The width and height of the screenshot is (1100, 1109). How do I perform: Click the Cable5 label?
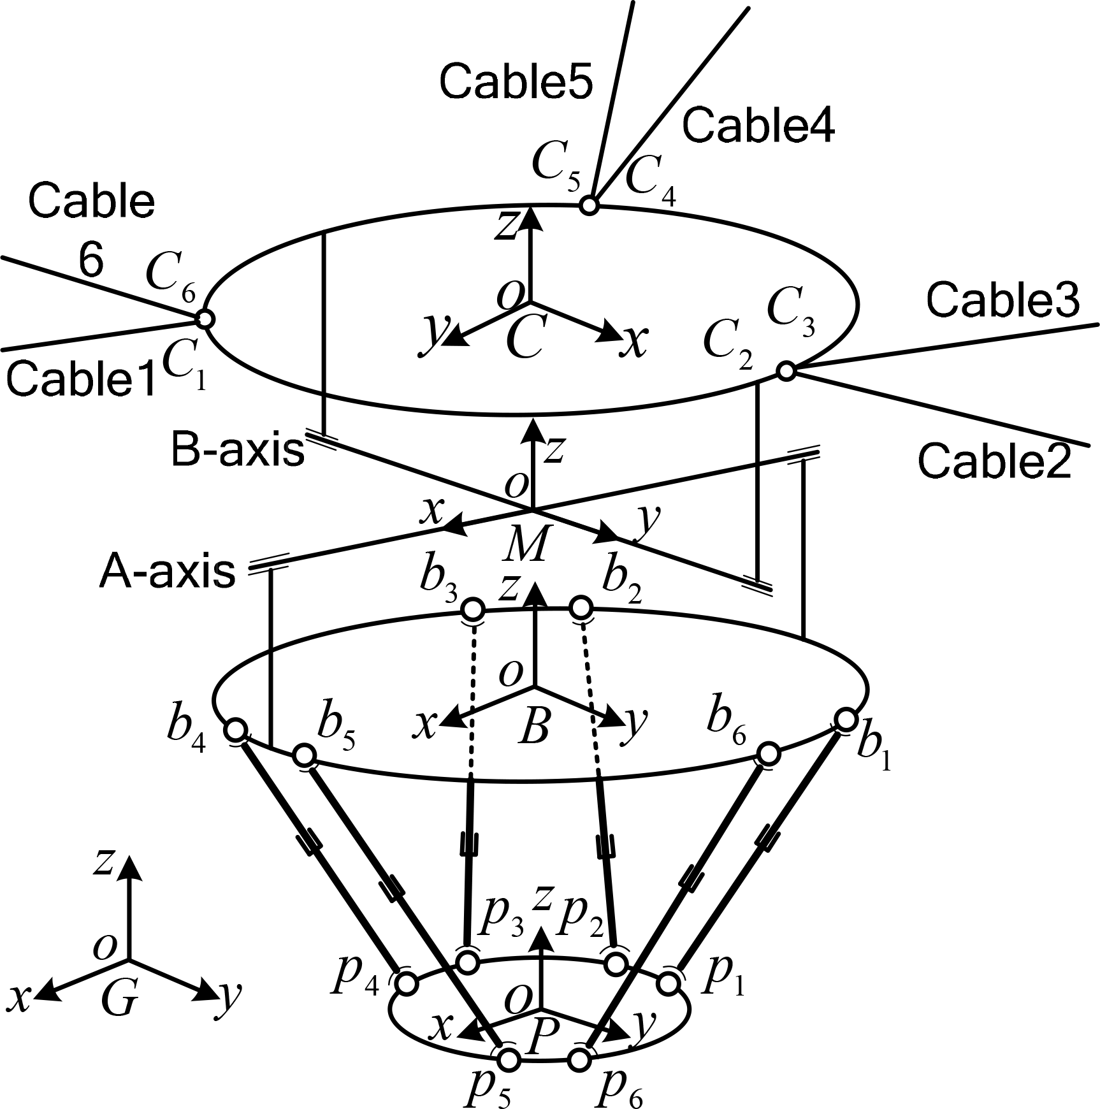pyautogui.click(x=517, y=83)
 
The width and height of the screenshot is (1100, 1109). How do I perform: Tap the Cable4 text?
pyautogui.click(x=758, y=125)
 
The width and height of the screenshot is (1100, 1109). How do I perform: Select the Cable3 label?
pyautogui.click(x=1003, y=300)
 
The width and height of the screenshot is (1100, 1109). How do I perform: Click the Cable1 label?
pyautogui.click(x=81, y=381)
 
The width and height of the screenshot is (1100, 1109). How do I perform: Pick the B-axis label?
pyautogui.click(x=238, y=451)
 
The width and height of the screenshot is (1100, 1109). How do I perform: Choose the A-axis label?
pyautogui.click(x=168, y=572)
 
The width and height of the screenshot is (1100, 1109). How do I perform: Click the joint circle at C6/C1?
pyautogui.click(x=204, y=318)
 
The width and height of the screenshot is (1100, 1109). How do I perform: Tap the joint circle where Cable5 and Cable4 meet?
pyautogui.click(x=590, y=206)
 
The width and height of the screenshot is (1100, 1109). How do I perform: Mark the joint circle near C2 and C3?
pyautogui.click(x=786, y=370)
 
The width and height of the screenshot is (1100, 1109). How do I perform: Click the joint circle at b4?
pyautogui.click(x=236, y=728)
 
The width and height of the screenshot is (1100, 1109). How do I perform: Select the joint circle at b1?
pyautogui.click(x=846, y=720)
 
